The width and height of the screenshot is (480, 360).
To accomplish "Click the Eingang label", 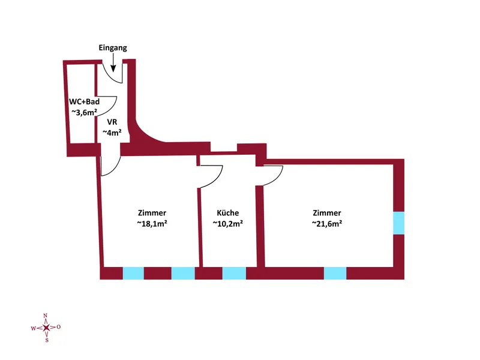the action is (x=113, y=48).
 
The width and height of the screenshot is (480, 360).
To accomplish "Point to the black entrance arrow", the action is (x=113, y=63).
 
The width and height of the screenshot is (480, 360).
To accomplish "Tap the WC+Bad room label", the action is (x=84, y=101).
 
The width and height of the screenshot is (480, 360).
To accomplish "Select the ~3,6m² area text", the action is (x=84, y=112).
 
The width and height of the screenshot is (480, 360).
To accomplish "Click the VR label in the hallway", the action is (x=112, y=122).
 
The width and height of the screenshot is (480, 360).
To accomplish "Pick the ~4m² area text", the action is (x=112, y=133).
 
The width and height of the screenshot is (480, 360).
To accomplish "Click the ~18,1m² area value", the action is (x=152, y=223).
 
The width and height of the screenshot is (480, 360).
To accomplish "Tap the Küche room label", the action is (x=228, y=213).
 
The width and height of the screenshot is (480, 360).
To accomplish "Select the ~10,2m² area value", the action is (x=228, y=223).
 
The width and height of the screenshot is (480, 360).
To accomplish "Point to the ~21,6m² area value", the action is (x=327, y=223).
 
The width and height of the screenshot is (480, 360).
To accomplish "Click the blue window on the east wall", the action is (x=398, y=223).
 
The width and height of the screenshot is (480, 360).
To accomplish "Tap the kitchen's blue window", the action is (x=234, y=273).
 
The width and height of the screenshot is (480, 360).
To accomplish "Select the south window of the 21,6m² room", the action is (x=335, y=273).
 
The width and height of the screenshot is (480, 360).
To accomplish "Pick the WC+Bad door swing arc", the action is (x=112, y=109).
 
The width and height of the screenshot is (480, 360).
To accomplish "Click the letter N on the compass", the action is (x=46, y=316).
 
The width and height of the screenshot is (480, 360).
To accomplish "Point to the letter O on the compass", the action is (x=58, y=327).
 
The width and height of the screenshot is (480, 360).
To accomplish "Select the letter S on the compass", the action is (x=47, y=340).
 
